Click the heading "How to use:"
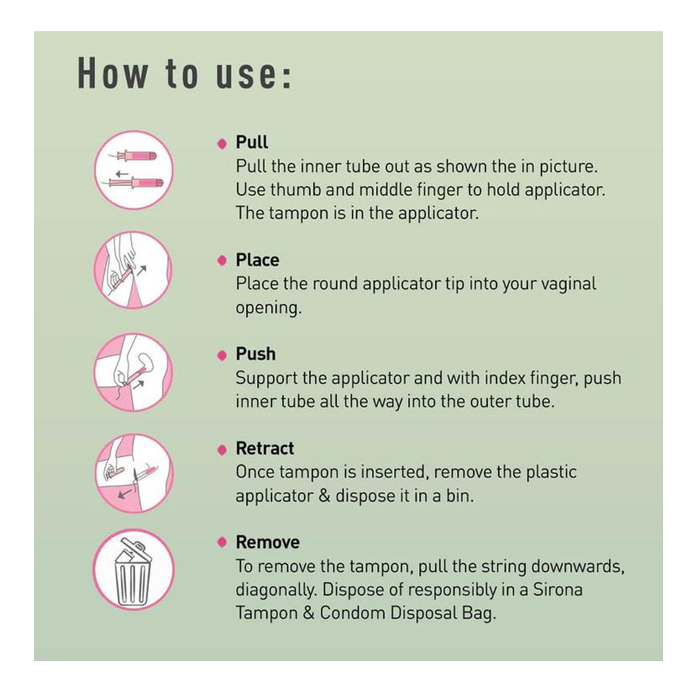coord(184,74)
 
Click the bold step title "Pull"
coord(252,143)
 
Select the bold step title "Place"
coord(257,260)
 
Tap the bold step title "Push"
coord(256,354)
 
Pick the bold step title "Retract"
coord(265,448)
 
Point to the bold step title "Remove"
coord(268,542)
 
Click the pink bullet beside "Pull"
coord(222,144)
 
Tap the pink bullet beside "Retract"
coord(222,449)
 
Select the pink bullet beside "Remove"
coord(222,542)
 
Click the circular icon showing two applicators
coord(134,170)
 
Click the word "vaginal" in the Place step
coord(569,284)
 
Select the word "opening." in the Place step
coord(268,308)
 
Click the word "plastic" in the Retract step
coord(550,473)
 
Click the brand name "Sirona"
coord(558,590)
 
